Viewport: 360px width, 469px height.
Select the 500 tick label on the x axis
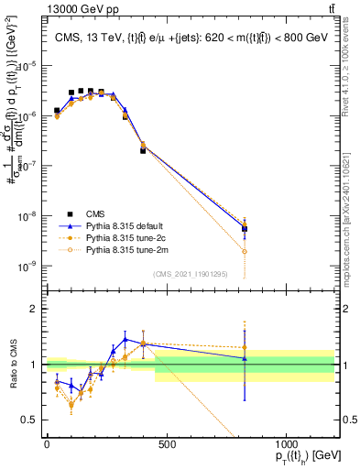167,444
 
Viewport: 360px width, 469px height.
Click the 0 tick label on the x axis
47,444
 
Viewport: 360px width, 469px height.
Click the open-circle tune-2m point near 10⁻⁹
245,251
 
